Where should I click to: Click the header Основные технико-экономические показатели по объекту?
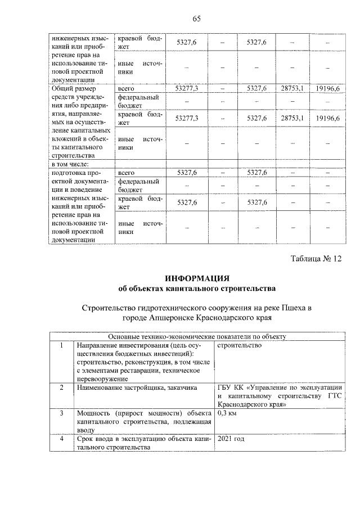tap(196, 336)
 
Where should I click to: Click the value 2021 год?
tap(233, 439)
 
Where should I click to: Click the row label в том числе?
tap(67, 164)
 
